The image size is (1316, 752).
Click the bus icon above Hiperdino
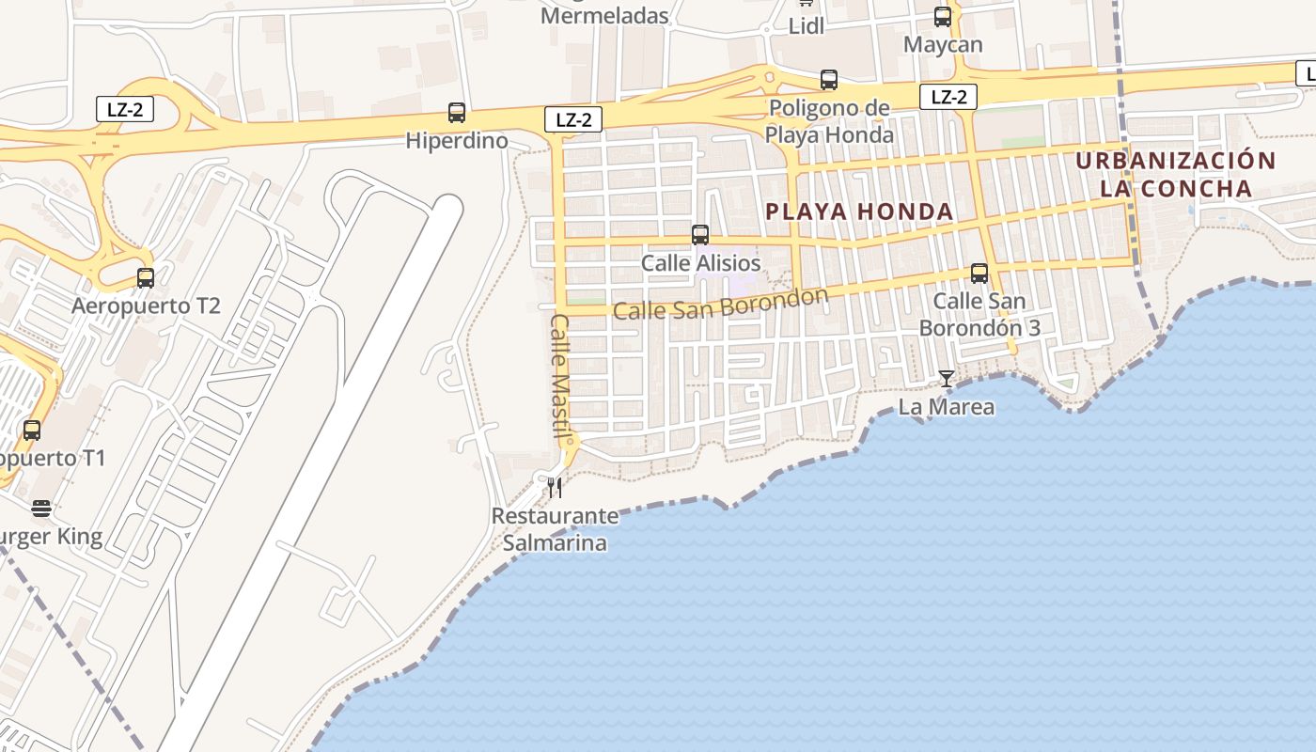coord(457,113)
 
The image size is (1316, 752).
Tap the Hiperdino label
coord(457,141)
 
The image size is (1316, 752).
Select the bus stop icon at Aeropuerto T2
coord(146,278)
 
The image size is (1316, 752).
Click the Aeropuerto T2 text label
coord(146,306)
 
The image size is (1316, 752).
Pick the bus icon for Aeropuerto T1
coord(32,431)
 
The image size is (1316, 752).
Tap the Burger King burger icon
coord(40,509)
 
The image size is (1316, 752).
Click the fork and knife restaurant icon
coord(555,487)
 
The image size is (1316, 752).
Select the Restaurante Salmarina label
coord(555,529)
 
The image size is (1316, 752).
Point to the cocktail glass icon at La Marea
coord(947,379)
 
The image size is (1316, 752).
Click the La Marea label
coord(947,407)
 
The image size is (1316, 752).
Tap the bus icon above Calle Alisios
coord(700,235)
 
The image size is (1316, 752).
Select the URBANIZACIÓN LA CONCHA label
coord(1176,175)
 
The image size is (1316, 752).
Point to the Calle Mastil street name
coord(560,376)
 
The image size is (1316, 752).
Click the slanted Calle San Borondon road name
coord(721,304)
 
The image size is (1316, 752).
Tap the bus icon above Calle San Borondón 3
coord(979,274)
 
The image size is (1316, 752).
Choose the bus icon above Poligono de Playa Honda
coord(829,80)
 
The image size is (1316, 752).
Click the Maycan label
coord(943,44)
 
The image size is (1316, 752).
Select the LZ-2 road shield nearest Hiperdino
coord(572,119)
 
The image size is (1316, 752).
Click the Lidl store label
coord(807,26)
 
